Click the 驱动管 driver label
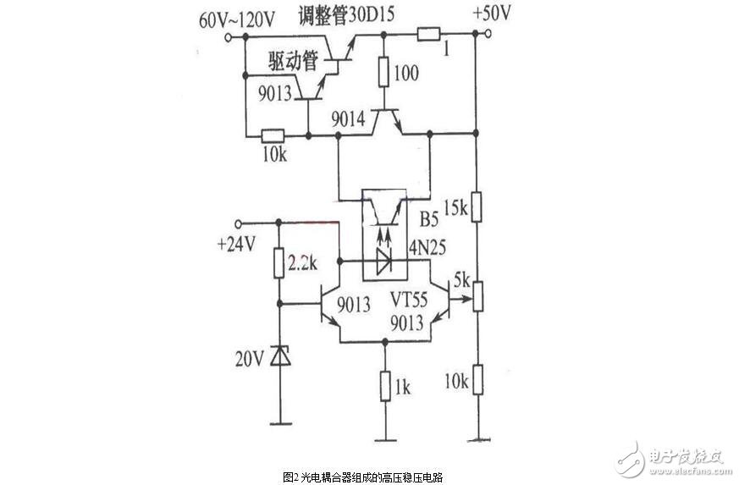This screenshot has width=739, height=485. (x=292, y=63)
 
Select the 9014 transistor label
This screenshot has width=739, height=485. (x=350, y=120)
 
